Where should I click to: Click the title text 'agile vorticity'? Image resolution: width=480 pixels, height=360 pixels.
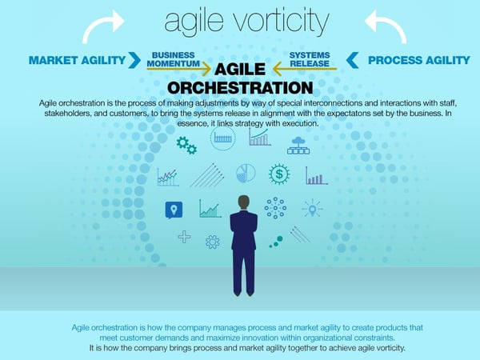click(x=246, y=22)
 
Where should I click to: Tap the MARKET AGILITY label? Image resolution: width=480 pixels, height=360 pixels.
click(x=77, y=60)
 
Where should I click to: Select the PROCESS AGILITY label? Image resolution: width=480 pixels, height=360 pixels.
click(x=418, y=60)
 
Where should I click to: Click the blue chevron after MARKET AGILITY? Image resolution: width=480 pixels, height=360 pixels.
click(x=134, y=60)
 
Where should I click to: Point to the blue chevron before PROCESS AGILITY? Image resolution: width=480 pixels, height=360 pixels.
click(x=352, y=60)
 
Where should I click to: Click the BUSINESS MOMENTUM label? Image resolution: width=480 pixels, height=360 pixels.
click(x=174, y=59)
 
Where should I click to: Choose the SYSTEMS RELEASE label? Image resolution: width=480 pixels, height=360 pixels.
click(x=310, y=59)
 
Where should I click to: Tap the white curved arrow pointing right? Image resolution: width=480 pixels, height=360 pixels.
click(x=102, y=26)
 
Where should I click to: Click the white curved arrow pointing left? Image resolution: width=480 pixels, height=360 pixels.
click(x=386, y=26)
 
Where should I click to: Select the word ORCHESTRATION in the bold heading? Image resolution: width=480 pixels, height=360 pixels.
click(x=240, y=88)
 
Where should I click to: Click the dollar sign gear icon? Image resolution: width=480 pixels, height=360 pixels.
click(x=279, y=174)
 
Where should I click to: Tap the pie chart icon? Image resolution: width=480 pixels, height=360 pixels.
click(x=246, y=174)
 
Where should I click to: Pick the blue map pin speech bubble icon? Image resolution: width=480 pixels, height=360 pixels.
click(x=174, y=210)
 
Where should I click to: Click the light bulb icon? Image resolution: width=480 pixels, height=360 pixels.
click(x=312, y=208)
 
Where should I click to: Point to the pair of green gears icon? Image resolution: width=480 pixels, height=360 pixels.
click(x=186, y=146)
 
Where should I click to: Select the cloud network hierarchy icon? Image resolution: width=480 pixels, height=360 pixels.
click(x=298, y=146)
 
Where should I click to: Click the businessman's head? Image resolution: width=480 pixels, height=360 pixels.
click(x=244, y=202)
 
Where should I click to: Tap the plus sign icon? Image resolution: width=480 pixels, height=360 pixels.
click(x=185, y=237)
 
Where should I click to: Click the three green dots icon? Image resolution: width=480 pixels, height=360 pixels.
click(x=276, y=242)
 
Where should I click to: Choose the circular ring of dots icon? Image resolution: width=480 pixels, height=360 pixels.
click(x=275, y=208)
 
